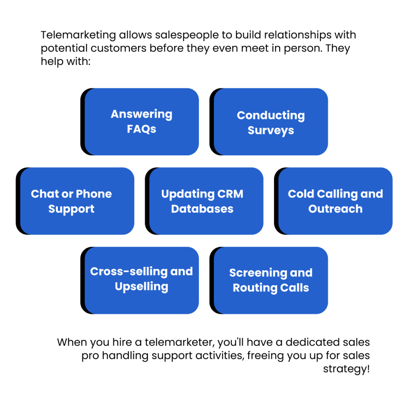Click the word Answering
(141, 115)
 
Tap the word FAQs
(141, 129)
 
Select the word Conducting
(271, 116)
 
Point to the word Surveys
(271, 131)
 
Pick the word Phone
(94, 194)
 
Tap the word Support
(71, 209)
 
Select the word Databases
(202, 209)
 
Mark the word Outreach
(335, 209)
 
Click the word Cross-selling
(124, 272)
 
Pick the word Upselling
(141, 287)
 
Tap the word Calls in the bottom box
(295, 288)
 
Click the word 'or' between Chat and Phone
(67, 194)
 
